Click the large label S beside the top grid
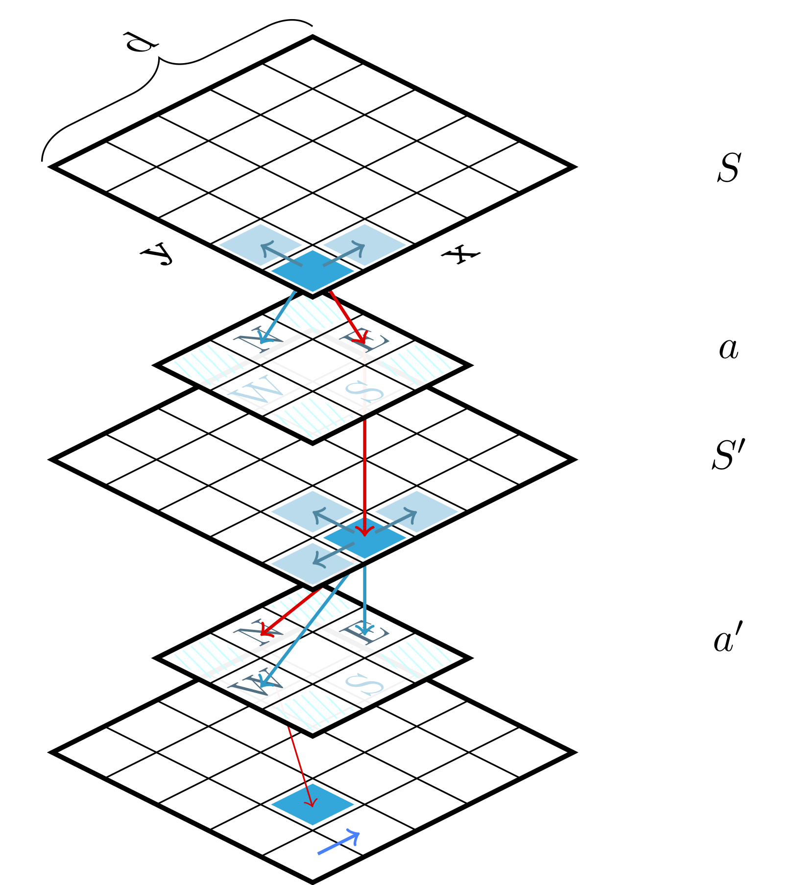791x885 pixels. click(x=728, y=168)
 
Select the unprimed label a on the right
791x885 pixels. click(x=728, y=349)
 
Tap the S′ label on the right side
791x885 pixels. click(x=728, y=455)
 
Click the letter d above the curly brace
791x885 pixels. click(x=141, y=43)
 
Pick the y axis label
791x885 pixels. click(x=158, y=253)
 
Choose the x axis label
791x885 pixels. click(x=460, y=254)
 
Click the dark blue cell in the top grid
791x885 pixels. click(x=312, y=271)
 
